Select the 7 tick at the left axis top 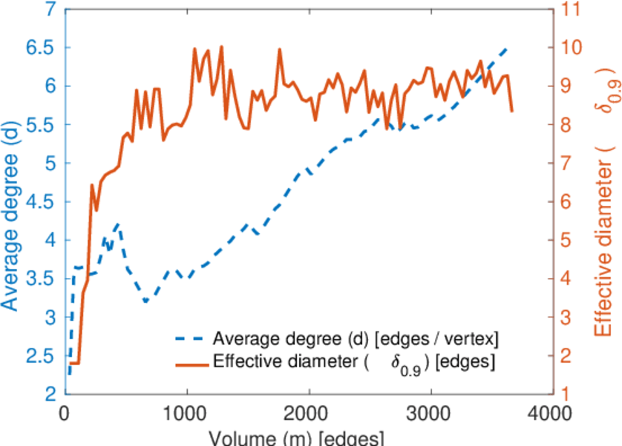(48, 10)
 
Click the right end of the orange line (512, 111)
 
